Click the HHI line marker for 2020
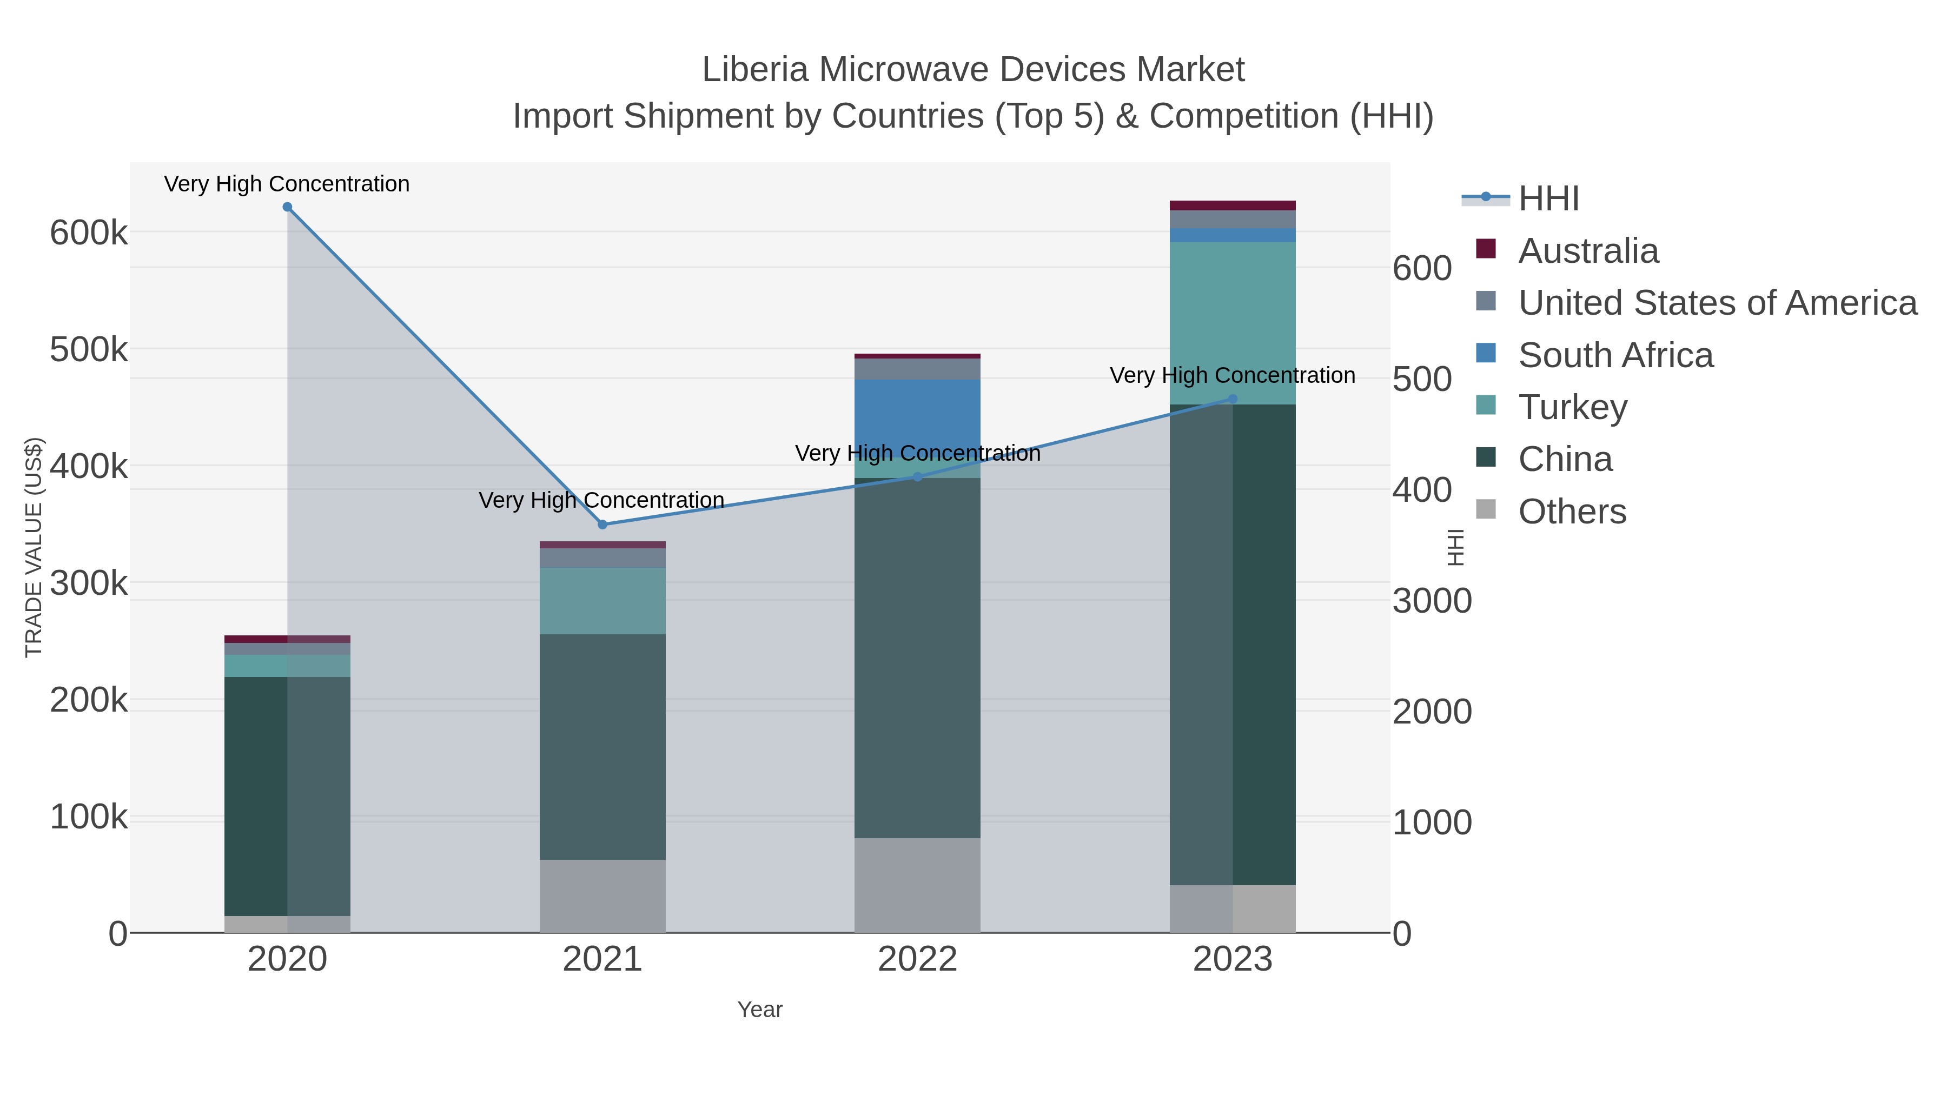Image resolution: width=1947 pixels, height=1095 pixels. (287, 207)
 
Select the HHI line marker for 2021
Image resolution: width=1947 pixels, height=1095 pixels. (602, 525)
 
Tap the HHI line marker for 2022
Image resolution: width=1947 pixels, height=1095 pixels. (918, 477)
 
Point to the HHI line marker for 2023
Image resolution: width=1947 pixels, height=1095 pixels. (1233, 399)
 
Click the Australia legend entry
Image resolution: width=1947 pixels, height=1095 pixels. (1587, 251)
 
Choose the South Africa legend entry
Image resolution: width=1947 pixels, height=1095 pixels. (1614, 355)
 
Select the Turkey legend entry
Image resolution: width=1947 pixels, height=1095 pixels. (1572, 407)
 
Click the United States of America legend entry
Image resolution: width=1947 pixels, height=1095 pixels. (1717, 303)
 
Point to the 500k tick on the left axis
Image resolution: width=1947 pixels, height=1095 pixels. (89, 350)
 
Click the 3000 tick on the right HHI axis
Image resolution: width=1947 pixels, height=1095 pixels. (1432, 601)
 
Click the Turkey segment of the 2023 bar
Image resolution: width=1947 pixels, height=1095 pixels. (1233, 323)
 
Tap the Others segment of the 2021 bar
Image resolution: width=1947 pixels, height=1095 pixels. (602, 895)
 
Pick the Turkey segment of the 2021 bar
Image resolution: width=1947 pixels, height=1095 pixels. (602, 601)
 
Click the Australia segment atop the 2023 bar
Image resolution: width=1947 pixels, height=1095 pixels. (1233, 205)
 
